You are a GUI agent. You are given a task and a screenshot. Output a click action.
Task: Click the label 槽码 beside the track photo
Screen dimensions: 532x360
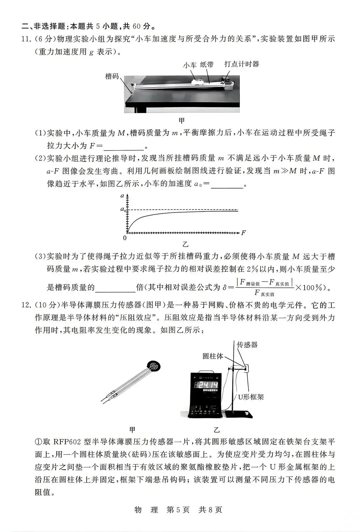pos(112,76)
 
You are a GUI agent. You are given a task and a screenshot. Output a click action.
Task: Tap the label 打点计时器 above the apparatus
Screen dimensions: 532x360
pos(242,64)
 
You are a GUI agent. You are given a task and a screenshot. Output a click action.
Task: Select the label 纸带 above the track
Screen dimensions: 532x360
pos(207,65)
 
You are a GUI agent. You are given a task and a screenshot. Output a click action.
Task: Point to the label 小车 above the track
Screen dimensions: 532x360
pos(190,65)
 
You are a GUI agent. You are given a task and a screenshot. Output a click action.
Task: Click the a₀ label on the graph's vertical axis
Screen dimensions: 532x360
pos(123,210)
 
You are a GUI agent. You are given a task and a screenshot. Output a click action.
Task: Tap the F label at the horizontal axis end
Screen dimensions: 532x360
pos(243,233)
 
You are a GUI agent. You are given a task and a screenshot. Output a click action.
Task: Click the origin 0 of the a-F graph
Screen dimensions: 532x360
pos(125,238)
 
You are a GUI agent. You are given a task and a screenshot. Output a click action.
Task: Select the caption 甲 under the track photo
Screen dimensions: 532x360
pos(181,120)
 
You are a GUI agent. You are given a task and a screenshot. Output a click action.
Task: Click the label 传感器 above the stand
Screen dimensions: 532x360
pos(247,345)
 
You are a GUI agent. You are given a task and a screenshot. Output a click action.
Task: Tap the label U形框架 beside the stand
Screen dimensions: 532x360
pos(251,397)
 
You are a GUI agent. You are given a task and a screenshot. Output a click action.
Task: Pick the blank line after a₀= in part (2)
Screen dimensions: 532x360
pos(227,184)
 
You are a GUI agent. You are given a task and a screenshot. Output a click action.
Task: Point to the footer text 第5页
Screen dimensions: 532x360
pos(178,510)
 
